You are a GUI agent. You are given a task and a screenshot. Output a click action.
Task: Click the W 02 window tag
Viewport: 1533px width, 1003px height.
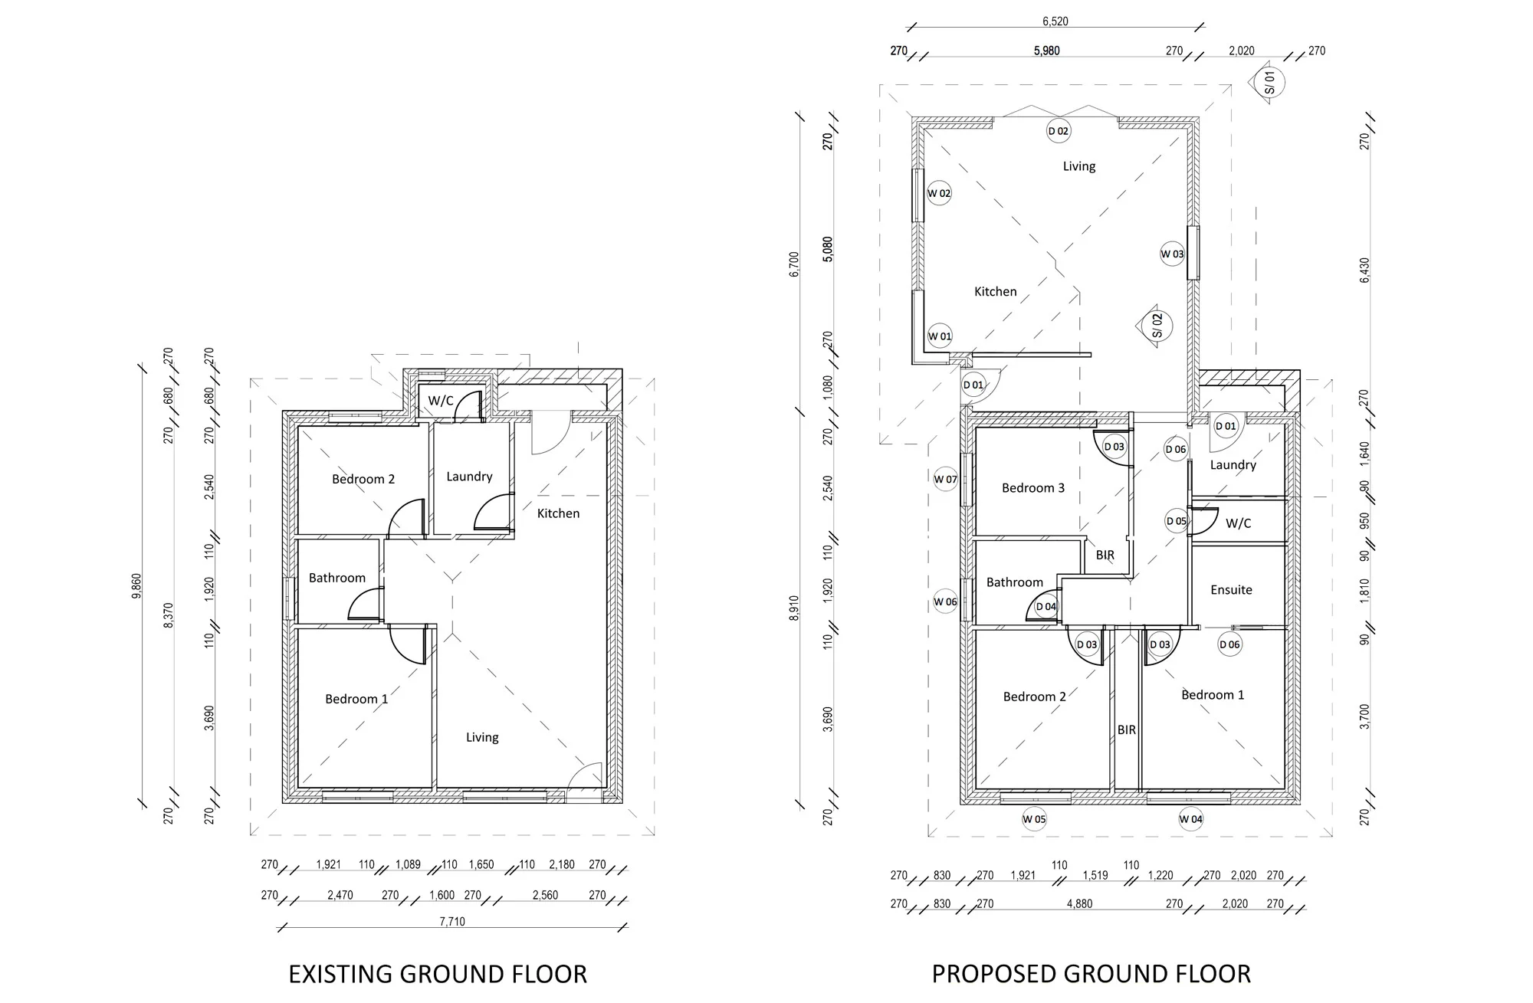click(939, 193)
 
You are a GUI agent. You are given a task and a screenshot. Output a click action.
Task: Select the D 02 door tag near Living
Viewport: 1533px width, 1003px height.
click(1059, 131)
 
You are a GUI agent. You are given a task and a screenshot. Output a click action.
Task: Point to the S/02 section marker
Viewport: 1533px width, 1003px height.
click(1154, 324)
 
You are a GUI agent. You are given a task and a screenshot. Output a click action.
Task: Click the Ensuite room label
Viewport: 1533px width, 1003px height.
click(1231, 590)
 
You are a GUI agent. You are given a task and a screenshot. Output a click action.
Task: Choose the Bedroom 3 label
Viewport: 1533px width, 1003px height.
click(1033, 488)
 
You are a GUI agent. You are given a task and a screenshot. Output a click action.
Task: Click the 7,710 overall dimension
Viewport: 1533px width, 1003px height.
click(452, 922)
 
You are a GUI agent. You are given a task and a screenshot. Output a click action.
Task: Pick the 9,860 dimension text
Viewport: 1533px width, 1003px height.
click(136, 585)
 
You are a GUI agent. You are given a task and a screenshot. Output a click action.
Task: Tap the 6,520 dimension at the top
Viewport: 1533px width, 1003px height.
click(1055, 21)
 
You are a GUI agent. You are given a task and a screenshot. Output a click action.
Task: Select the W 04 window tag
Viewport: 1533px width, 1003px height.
click(1190, 819)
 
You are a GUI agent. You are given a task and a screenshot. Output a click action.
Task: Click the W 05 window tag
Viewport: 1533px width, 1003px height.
click(1034, 819)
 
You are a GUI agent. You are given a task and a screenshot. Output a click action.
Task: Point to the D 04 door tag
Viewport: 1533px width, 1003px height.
click(1046, 607)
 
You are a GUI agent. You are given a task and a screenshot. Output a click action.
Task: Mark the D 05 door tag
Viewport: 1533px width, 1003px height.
click(1177, 521)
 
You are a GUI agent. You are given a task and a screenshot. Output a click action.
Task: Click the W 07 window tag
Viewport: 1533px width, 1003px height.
click(945, 480)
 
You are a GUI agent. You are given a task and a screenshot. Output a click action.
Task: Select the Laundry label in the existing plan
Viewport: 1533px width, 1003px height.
click(469, 477)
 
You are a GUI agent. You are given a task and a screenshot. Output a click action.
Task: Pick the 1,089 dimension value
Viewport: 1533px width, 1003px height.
click(408, 864)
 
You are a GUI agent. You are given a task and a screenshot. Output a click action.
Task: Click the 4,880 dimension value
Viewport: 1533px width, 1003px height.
click(1079, 904)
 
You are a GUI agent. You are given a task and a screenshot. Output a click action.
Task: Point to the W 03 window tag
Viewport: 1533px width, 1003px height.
click(1172, 254)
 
